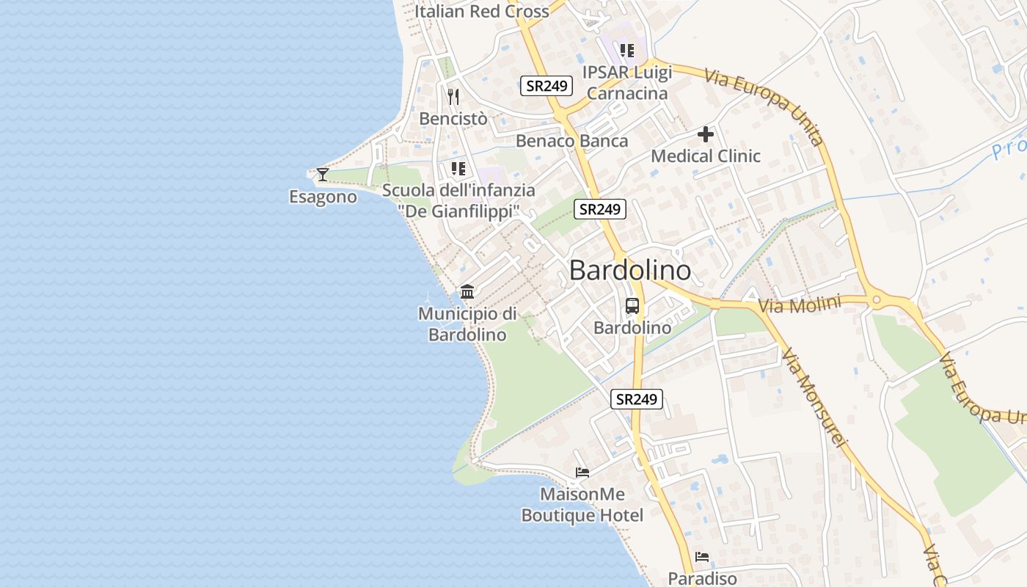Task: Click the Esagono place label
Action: [323, 197]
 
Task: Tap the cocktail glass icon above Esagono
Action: [322, 174]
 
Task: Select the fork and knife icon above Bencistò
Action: [453, 96]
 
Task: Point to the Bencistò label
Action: [453, 118]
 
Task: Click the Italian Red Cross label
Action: [481, 11]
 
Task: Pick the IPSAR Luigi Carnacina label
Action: [627, 83]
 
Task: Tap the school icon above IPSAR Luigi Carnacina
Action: [626, 51]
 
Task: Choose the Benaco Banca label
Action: [571, 141]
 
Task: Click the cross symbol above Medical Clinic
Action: [706, 134]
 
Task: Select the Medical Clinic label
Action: [706, 156]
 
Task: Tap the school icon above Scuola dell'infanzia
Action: [458, 169]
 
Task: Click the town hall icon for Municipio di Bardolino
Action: [467, 292]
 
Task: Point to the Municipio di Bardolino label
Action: [467, 324]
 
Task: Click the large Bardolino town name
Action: [629, 270]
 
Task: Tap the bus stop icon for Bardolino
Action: [632, 306]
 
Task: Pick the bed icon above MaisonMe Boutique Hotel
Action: [582, 473]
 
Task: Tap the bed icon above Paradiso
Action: [702, 557]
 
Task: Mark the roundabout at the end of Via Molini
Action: [875, 299]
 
